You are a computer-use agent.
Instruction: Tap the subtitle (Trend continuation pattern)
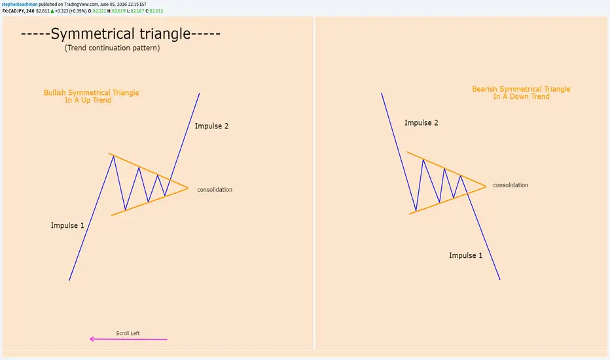(x=112, y=48)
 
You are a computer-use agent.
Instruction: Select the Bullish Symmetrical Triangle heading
(x=91, y=96)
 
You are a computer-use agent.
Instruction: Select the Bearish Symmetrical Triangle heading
(x=521, y=93)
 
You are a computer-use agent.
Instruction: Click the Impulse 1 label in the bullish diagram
(x=67, y=225)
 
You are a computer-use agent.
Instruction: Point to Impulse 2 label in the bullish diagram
(x=211, y=126)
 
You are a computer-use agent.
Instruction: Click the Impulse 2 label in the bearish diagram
(x=422, y=123)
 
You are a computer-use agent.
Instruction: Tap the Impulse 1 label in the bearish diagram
(x=465, y=256)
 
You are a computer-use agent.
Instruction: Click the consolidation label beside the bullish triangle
(x=215, y=190)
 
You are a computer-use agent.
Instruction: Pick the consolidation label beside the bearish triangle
(x=511, y=185)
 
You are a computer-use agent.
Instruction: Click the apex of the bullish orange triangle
(x=188, y=189)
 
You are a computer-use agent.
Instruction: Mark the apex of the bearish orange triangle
(x=486, y=187)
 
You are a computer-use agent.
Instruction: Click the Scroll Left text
(x=128, y=333)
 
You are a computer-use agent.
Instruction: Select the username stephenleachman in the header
(x=20, y=5)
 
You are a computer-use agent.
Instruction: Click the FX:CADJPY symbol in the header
(x=13, y=11)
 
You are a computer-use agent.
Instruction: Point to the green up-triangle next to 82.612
(x=52, y=11)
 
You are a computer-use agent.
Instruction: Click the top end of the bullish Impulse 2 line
(x=200, y=94)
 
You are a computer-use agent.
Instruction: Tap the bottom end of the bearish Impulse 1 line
(x=500, y=279)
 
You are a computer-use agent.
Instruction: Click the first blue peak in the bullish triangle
(x=113, y=156)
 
